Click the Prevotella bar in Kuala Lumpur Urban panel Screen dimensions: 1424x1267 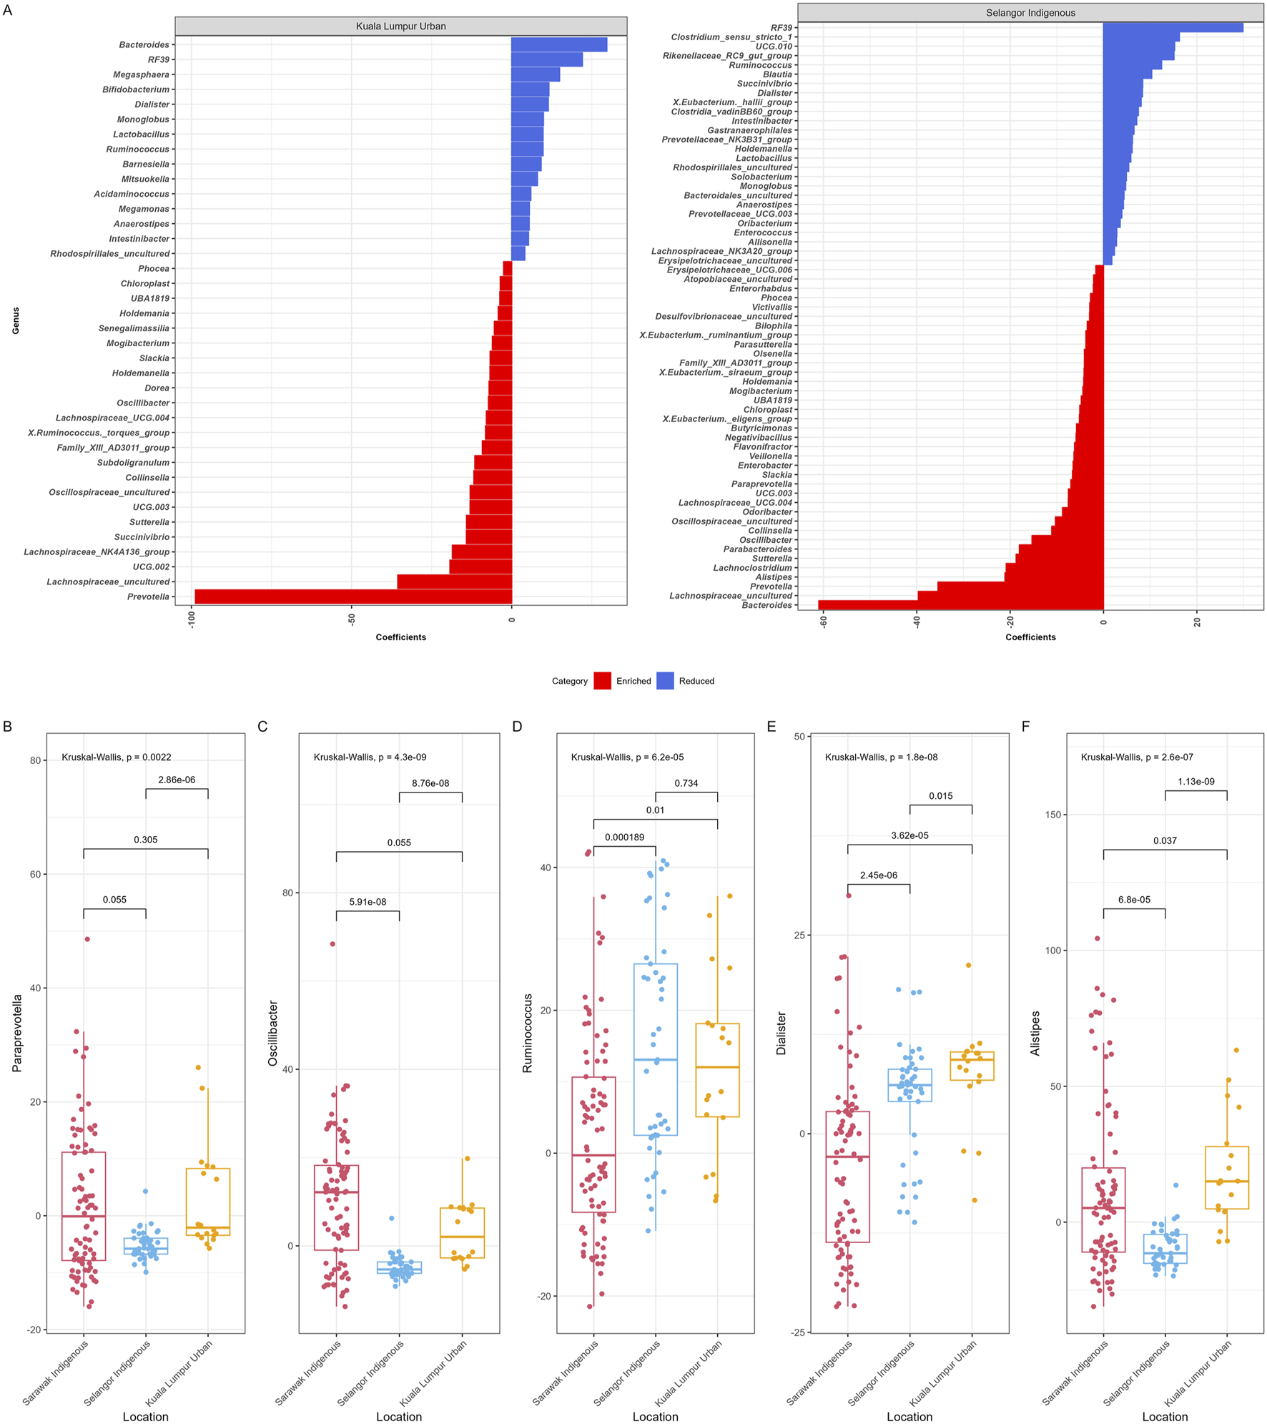[x=353, y=596]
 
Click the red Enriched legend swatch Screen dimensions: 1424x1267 [x=602, y=681]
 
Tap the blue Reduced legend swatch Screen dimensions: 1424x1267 [x=665, y=681]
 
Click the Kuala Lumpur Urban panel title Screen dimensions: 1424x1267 [x=400, y=26]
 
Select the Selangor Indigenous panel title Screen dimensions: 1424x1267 [x=1030, y=13]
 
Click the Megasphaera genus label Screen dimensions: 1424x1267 [x=141, y=74]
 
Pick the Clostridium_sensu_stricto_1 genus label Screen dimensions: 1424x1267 [x=731, y=37]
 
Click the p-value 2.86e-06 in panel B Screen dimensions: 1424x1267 [x=177, y=780]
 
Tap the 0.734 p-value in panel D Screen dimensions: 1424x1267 [x=686, y=783]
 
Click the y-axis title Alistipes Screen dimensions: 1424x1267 [x=1035, y=1033]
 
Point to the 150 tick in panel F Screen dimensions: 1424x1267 [x=1052, y=815]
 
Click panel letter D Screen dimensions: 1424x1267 [x=517, y=727]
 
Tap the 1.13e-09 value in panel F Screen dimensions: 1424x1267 [x=1195, y=781]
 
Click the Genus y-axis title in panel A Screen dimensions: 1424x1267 [x=16, y=320]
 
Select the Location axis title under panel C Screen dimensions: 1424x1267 [x=399, y=1416]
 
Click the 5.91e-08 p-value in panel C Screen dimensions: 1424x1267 [x=368, y=902]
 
